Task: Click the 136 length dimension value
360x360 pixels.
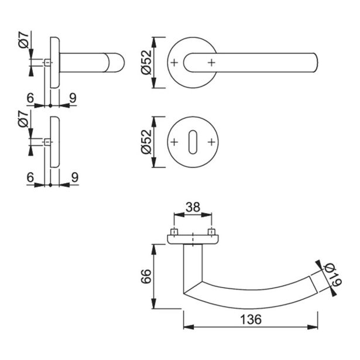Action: tap(250, 320)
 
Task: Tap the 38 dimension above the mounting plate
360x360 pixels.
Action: tap(192, 207)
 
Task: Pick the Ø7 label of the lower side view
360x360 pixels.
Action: tap(23, 125)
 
